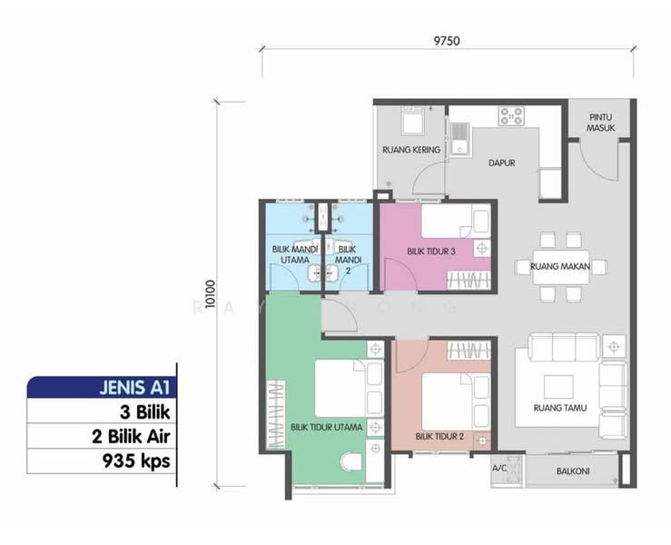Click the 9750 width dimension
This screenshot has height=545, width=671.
tap(447, 41)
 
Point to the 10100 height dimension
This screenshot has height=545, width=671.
tap(210, 294)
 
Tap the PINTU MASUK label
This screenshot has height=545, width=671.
tap(601, 123)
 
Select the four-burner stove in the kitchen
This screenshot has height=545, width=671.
tap(511, 116)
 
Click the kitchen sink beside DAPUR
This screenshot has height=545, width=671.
tap(460, 139)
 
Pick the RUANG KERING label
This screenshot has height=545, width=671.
tap(411, 150)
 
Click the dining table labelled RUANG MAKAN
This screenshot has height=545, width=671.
tap(560, 267)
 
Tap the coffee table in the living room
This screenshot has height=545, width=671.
tap(558, 387)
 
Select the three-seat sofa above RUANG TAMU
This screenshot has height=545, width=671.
tap(564, 347)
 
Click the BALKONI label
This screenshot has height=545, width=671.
tap(573, 471)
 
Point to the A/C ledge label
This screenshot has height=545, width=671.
tap(499, 468)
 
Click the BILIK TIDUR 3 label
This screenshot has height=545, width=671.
tap(431, 252)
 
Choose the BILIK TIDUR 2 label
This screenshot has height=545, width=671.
tap(439, 437)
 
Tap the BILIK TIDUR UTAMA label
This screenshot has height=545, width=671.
tap(327, 427)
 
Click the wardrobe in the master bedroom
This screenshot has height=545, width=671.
tap(276, 414)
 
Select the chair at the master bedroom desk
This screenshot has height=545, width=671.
tap(350, 462)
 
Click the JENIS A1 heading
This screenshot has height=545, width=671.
tap(134, 388)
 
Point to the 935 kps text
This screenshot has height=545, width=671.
tap(136, 461)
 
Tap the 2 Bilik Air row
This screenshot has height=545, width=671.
tap(102, 436)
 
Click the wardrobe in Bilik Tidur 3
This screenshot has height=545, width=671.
tap(469, 281)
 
